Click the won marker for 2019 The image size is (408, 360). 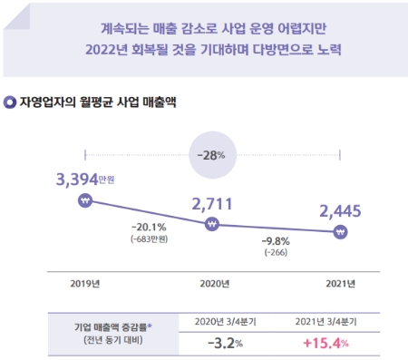click(x=84, y=201)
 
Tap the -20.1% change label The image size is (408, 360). click(x=148, y=226)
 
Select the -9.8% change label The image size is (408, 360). click(x=276, y=242)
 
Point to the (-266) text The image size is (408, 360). click(x=276, y=253)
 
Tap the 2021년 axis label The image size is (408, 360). click(x=340, y=282)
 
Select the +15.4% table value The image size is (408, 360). click(x=324, y=344)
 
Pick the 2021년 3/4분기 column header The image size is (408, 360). click(x=324, y=322)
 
